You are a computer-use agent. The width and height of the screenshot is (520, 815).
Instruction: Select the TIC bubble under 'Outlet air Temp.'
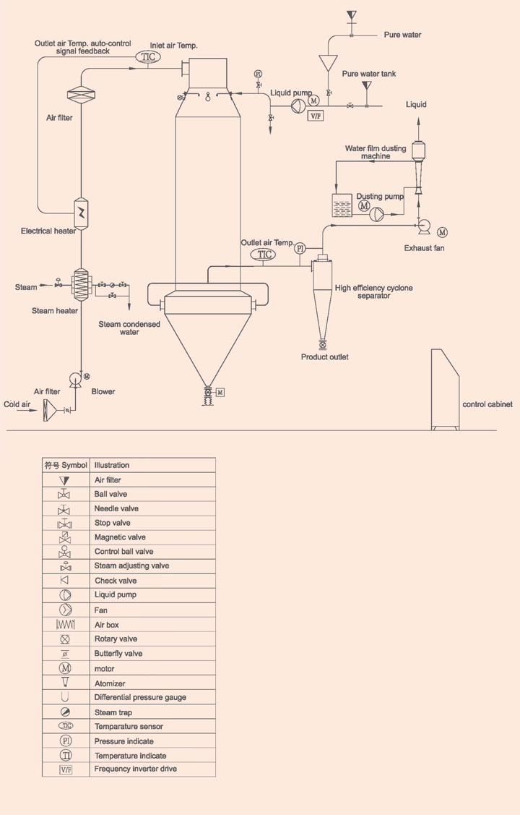(263, 254)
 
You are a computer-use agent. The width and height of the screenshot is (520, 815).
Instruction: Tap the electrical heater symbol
(82, 213)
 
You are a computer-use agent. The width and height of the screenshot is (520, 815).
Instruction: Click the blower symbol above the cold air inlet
(75, 379)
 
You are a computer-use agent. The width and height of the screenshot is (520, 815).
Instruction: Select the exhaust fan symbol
(424, 227)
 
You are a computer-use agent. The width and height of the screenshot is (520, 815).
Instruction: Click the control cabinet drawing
(446, 390)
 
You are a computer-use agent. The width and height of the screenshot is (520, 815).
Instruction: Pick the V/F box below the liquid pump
(316, 116)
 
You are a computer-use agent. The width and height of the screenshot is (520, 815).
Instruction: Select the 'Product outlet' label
(324, 357)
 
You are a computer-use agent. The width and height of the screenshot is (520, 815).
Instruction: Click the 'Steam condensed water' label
(129, 328)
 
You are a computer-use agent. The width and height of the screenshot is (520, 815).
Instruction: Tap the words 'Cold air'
(17, 404)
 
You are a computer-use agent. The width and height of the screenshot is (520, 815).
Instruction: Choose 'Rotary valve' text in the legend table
(116, 639)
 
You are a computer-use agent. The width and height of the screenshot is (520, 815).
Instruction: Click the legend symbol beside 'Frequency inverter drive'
(66, 769)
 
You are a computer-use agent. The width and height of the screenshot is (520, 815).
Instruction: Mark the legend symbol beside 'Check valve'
(66, 581)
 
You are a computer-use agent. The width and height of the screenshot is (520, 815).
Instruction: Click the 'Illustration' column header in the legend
(112, 465)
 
